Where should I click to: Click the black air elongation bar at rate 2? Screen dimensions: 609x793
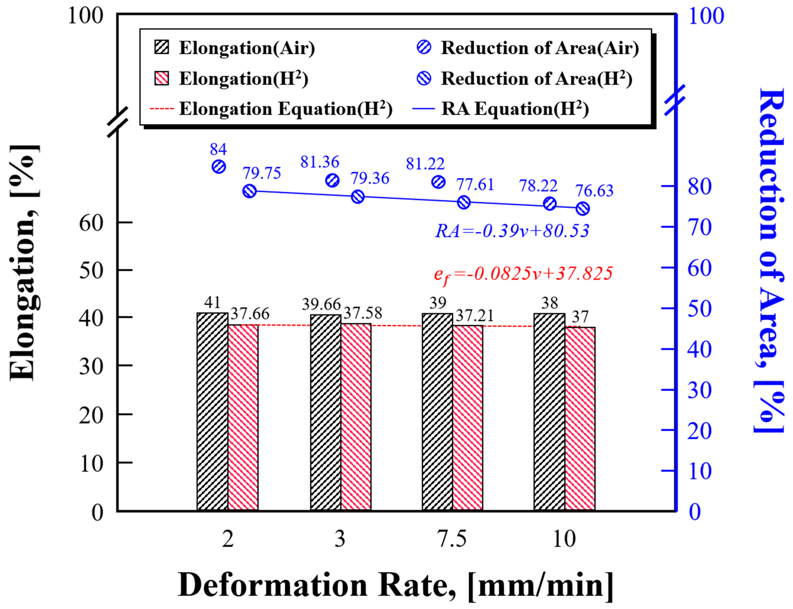[x=212, y=411]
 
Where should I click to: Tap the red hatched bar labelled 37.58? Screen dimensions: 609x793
[x=356, y=417]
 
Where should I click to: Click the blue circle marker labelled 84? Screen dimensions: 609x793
[x=219, y=167]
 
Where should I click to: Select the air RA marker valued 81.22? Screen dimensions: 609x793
[x=439, y=182]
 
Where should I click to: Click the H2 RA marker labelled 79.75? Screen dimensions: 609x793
[x=249, y=191]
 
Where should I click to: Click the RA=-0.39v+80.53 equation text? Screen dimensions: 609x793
[x=512, y=231]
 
